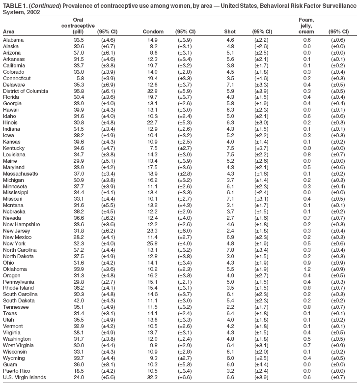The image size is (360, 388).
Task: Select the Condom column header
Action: tap(152, 31)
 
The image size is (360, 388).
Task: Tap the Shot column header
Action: tap(229, 31)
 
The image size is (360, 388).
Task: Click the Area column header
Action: tap(9, 31)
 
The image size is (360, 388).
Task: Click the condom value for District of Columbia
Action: tap(152, 91)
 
